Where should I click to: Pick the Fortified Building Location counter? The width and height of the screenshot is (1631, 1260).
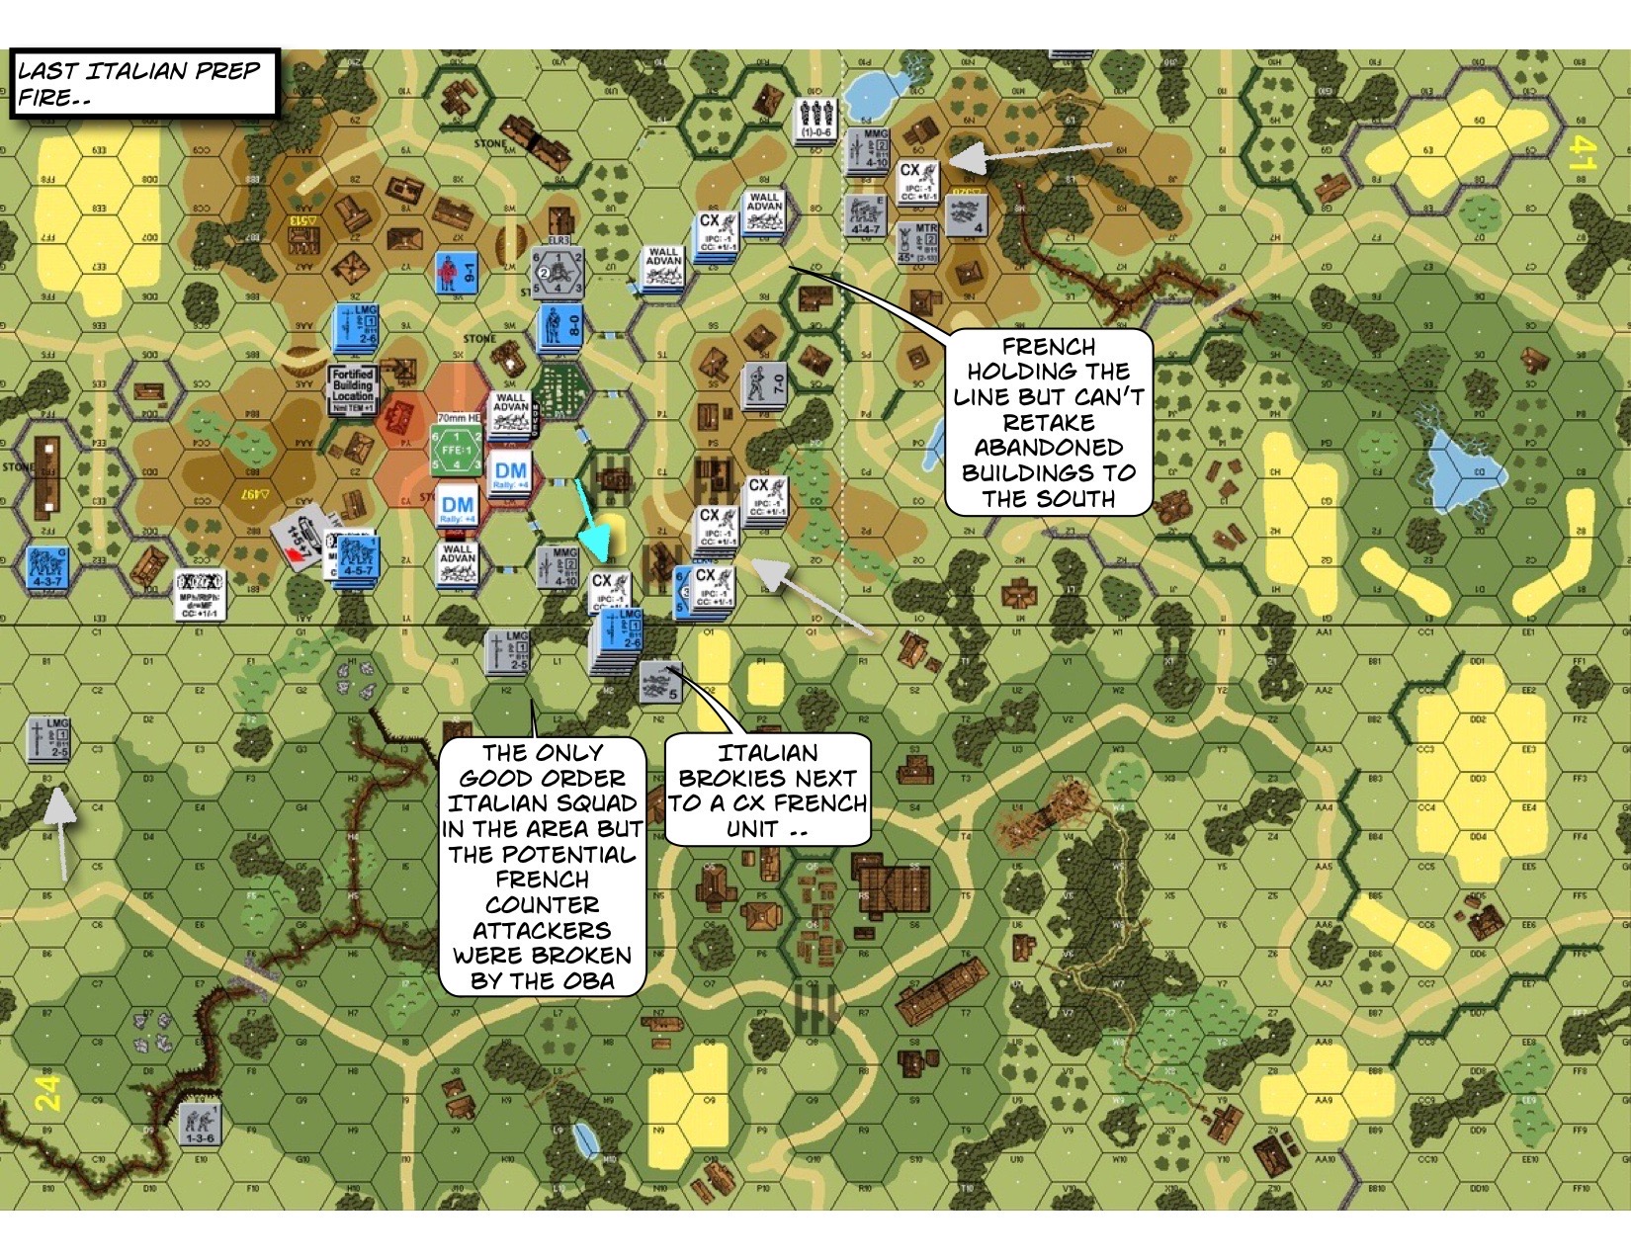(x=353, y=386)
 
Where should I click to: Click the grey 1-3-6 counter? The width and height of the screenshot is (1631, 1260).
(x=200, y=1125)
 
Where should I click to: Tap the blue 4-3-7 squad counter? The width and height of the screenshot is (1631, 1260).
(x=46, y=566)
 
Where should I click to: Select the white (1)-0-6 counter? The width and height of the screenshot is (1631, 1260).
(x=816, y=119)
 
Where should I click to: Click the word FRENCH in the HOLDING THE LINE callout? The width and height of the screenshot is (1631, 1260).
(x=1048, y=347)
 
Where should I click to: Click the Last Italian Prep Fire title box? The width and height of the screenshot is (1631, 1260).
(x=144, y=83)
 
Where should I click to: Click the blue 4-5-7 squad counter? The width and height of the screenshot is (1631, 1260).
(x=356, y=558)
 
